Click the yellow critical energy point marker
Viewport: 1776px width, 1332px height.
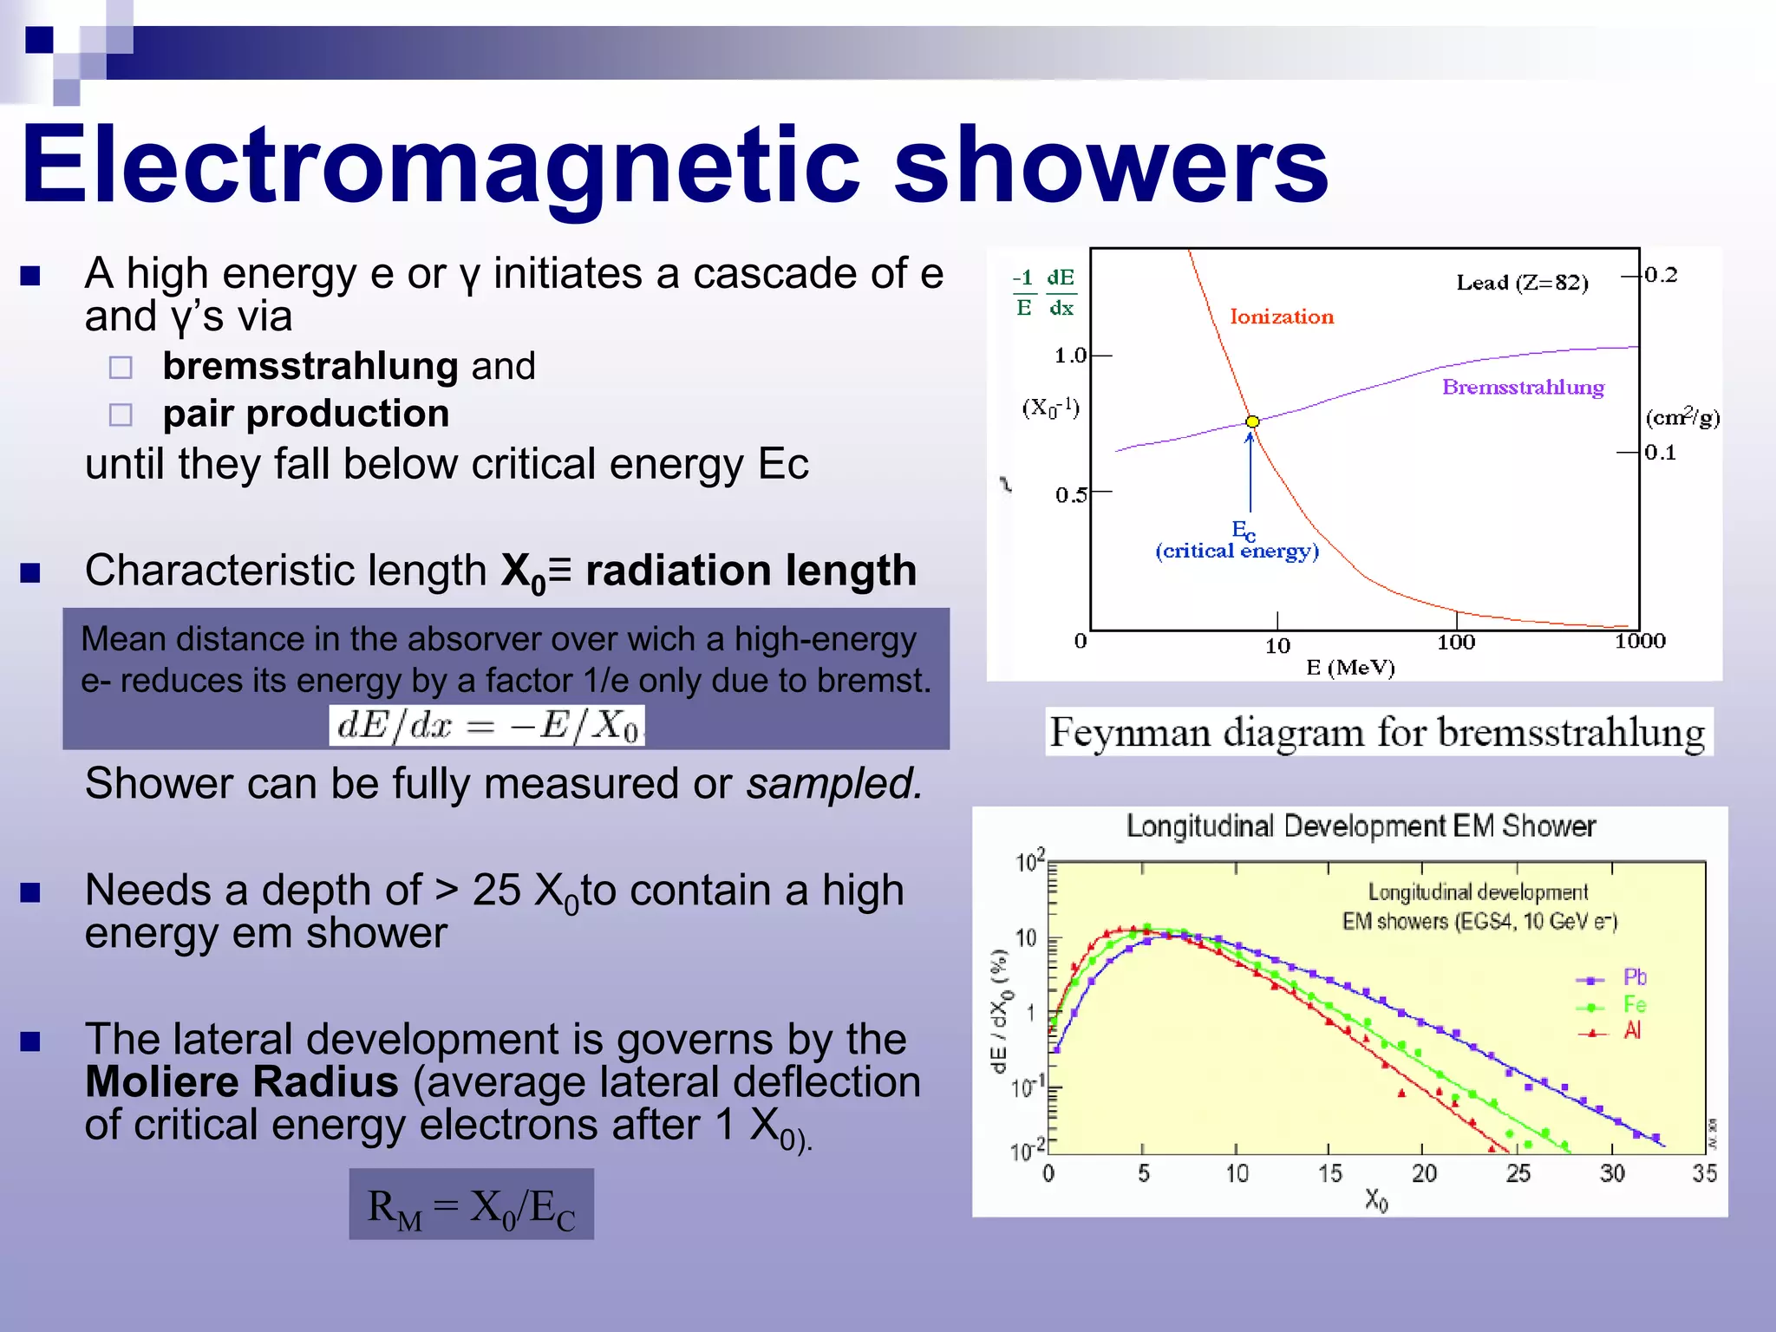point(1252,421)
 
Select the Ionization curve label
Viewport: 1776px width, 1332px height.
point(1281,317)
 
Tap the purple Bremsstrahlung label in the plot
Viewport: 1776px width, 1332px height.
point(1523,388)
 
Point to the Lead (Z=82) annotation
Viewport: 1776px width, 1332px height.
point(1522,283)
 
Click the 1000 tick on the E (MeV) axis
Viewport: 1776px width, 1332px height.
point(1640,642)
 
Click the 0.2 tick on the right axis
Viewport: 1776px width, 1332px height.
point(1661,276)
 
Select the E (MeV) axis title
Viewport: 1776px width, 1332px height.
point(1350,668)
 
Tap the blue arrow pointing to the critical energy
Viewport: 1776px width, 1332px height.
point(1250,473)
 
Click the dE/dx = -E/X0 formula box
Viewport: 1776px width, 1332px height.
point(486,725)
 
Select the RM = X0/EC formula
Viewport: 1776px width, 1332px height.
point(471,1205)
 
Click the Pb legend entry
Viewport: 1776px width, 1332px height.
point(1633,978)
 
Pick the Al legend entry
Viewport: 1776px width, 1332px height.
point(1631,1031)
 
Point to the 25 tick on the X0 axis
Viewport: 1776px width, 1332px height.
point(1518,1174)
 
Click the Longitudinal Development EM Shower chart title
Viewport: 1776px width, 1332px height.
point(1360,826)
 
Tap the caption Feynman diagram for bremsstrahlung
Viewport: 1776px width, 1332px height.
point(1377,733)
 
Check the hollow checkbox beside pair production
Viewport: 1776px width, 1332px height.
point(121,415)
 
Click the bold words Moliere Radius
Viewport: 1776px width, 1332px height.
point(242,1082)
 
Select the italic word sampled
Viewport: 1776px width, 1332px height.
point(833,784)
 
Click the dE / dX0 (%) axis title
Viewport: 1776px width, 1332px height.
point(1000,1011)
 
